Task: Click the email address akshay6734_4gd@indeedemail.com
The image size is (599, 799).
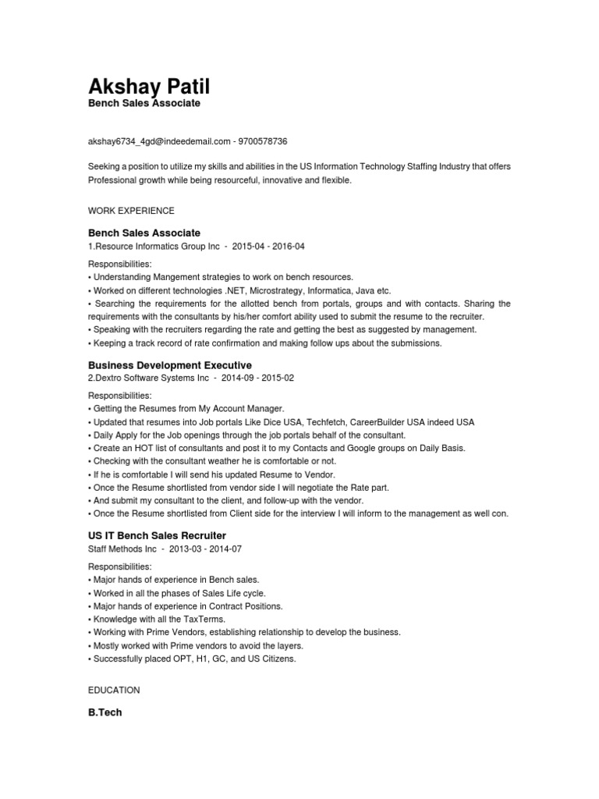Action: pyautogui.click(x=159, y=141)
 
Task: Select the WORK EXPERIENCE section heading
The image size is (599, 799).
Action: pyautogui.click(x=131, y=211)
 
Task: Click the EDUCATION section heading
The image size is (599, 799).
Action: pyautogui.click(x=114, y=691)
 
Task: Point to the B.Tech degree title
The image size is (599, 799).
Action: pyautogui.click(x=105, y=712)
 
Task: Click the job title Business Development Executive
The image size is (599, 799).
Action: pyautogui.click(x=170, y=365)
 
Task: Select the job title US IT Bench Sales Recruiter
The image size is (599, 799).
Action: pyautogui.click(x=157, y=536)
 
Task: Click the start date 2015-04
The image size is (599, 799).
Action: pyautogui.click(x=249, y=247)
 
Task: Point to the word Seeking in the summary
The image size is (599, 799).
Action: pyautogui.click(x=105, y=168)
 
